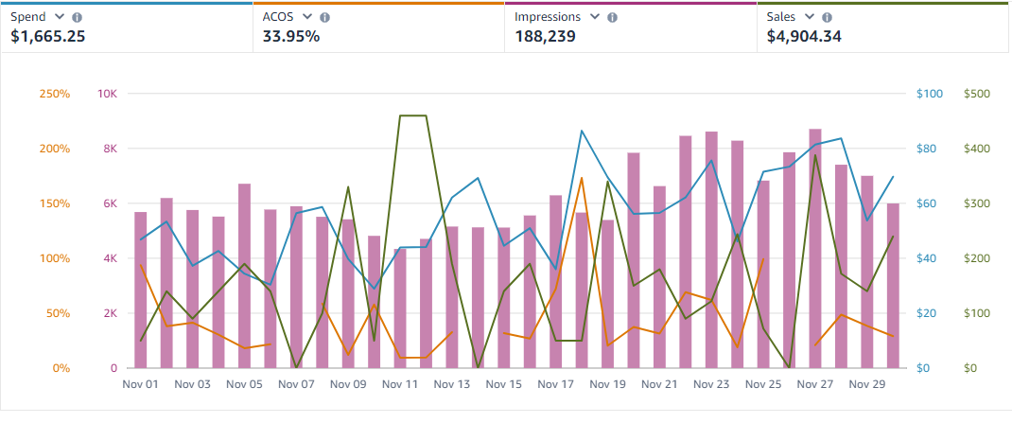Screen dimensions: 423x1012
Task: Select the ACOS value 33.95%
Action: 291,37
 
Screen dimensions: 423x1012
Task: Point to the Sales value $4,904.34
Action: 804,37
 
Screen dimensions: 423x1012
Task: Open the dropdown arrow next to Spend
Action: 60,17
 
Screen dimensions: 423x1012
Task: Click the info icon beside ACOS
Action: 325,17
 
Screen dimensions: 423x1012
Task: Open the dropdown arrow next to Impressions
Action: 595,17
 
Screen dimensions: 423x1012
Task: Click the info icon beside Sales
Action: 828,17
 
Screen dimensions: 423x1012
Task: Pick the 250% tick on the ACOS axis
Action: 55,94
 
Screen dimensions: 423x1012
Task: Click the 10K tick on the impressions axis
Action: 107,94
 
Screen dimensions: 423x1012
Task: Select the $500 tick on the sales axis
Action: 975,94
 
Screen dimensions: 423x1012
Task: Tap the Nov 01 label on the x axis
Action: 141,385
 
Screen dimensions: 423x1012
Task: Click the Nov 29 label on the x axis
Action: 867,385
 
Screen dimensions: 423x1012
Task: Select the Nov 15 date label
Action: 504,385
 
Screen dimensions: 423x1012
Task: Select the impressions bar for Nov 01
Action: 141,290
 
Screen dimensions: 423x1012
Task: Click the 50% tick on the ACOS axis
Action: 58,313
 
